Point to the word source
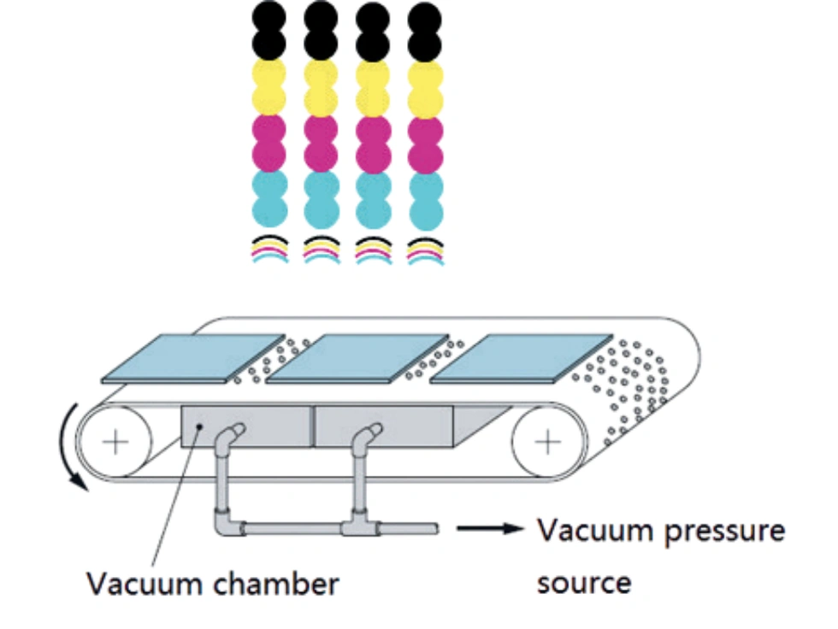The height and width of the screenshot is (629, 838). pos(584,582)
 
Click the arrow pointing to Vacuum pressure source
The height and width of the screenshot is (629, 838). pos(489,529)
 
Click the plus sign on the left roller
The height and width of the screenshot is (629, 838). pos(113,442)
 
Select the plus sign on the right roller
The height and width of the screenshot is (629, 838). pos(548,442)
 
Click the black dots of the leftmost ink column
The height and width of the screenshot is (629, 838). pos(269,30)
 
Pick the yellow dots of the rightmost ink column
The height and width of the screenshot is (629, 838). pos(425,89)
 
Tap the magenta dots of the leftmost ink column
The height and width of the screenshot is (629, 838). pos(269,144)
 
